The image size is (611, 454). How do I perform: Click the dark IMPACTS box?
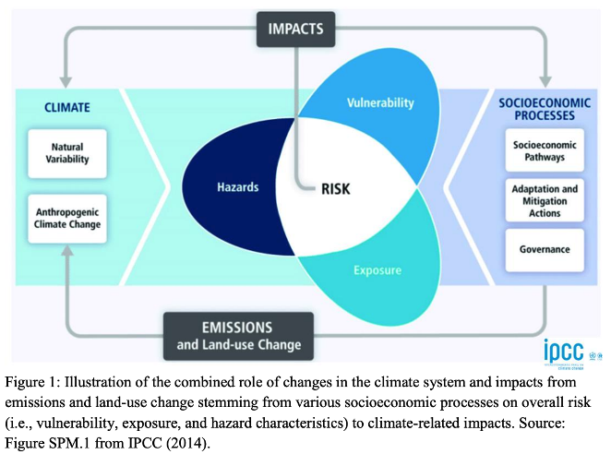coord(295,30)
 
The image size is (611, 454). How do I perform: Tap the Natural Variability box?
coord(67,153)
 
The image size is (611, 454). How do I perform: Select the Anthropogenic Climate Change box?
coord(67,219)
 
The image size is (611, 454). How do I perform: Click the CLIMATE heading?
coord(67,107)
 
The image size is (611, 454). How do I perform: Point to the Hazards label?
coord(238,187)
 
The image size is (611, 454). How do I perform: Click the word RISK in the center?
coord(336,189)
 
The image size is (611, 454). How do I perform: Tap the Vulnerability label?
coord(380,102)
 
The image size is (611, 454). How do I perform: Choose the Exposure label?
coord(377,270)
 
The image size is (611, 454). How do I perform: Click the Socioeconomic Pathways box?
coord(545,150)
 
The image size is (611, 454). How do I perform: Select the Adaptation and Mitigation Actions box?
coord(545,200)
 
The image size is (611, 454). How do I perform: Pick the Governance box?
coord(545,250)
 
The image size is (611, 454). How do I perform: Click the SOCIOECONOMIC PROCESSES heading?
coord(545,109)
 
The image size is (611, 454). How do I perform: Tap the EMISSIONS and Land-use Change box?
coord(238,336)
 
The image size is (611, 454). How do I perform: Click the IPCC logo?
coord(564,352)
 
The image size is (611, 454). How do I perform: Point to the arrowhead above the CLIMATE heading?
coord(66,82)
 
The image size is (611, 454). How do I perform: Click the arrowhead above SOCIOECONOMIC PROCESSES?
coord(545,82)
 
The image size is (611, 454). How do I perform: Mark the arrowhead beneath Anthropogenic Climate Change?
coord(67,251)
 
